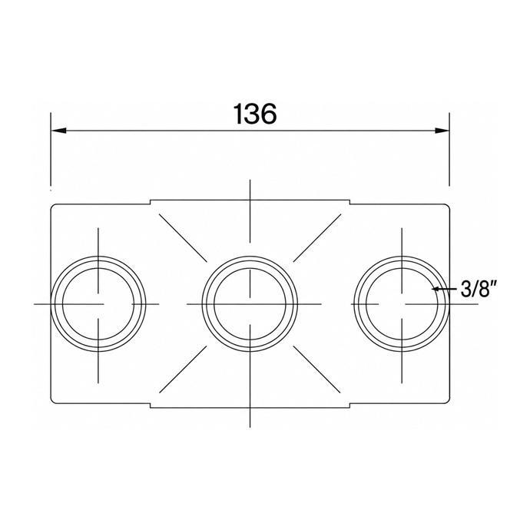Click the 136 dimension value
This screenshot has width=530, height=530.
(255, 114)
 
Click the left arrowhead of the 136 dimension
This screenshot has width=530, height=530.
(58, 131)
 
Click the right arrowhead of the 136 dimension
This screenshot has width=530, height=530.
(442, 131)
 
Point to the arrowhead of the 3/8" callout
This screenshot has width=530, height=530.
(436, 289)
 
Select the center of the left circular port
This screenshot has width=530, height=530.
(98, 304)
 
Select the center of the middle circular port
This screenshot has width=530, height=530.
(250, 304)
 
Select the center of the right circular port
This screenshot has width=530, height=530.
(402, 304)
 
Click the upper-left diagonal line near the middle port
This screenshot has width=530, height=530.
(183, 238)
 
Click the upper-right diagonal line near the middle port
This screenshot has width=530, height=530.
(317, 238)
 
